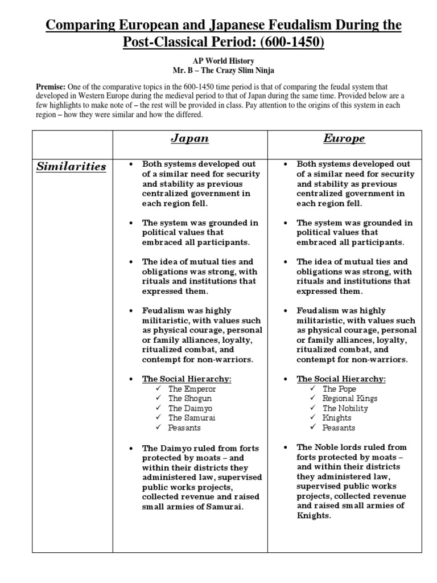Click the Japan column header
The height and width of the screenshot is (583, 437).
point(190,139)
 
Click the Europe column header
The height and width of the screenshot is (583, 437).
point(344,139)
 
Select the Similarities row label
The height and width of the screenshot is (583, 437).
point(72,167)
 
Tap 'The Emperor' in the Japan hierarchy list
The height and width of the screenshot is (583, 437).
point(192,389)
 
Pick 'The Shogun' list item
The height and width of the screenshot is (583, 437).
point(189,399)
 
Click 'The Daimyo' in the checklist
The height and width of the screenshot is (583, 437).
point(189,408)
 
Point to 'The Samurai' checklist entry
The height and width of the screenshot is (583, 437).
point(192,418)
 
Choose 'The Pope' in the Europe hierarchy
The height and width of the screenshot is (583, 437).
point(340,389)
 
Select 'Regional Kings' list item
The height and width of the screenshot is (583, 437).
point(350,399)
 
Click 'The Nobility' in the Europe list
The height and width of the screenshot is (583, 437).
point(345,408)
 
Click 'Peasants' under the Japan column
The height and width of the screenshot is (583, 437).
point(184,428)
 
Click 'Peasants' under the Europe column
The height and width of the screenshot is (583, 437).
point(339,428)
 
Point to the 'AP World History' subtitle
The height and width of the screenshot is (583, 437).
point(218,61)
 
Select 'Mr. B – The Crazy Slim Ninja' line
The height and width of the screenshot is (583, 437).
point(218,71)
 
